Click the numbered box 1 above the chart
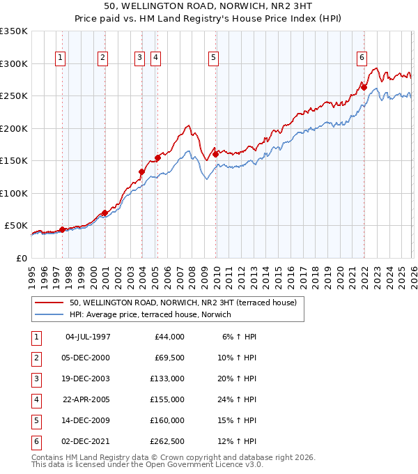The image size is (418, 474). [x=61, y=58]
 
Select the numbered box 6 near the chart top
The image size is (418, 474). [x=362, y=58]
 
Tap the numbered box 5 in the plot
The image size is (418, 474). [x=212, y=58]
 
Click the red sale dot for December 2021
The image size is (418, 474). [x=364, y=87]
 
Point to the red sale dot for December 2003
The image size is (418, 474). [x=141, y=171]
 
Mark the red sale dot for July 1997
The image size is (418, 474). [x=62, y=229]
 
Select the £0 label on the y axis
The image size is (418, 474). [x=22, y=258]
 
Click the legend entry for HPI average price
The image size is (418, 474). [x=149, y=314]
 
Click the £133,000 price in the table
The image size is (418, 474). [x=167, y=379]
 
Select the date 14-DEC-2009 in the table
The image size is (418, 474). [x=87, y=420]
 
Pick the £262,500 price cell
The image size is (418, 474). [x=167, y=441]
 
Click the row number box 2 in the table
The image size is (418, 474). [x=36, y=358]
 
